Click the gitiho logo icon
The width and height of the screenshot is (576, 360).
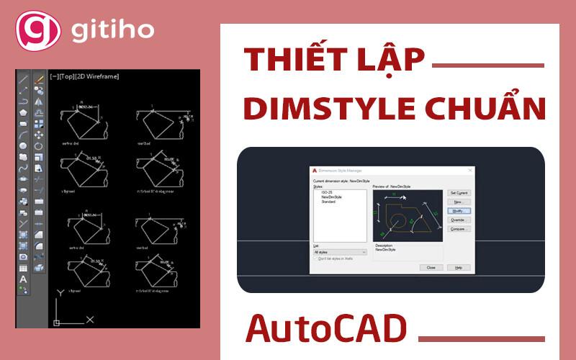point(34,30)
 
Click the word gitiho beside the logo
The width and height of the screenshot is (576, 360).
point(112,31)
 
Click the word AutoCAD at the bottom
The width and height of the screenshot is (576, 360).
point(326,328)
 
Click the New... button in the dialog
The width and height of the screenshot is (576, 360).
point(458,202)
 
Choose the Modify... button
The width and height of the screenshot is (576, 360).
point(458,211)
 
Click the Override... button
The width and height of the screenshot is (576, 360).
point(458,220)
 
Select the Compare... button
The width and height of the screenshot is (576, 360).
point(458,229)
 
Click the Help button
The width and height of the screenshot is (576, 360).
point(458,267)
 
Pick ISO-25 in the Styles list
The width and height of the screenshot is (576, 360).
point(328,192)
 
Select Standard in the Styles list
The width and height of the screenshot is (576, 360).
point(328,202)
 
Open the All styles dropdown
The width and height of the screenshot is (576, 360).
point(340,252)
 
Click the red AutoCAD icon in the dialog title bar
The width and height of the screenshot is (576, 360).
point(315,171)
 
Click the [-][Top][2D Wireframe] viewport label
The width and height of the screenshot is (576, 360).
point(84,76)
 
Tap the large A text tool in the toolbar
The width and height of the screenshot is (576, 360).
point(23,279)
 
